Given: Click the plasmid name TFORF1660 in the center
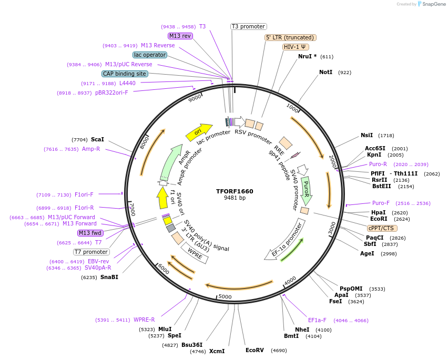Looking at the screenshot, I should [235, 191].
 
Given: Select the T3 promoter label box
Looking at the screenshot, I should [249, 27].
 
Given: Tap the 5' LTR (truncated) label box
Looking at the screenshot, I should [290, 37].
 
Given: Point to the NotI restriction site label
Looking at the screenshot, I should [325, 72].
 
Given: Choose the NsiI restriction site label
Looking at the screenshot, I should [366, 135].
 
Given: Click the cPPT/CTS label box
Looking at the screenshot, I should [382, 228].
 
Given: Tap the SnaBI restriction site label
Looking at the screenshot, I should [109, 277].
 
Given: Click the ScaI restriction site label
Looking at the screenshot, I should [97, 139].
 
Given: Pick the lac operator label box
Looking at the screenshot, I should [150, 55].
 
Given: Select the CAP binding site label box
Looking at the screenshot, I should [125, 74].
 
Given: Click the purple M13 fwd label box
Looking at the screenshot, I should [90, 233].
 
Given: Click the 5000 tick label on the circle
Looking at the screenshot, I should [225, 296].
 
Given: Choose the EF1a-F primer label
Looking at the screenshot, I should [317, 320].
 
